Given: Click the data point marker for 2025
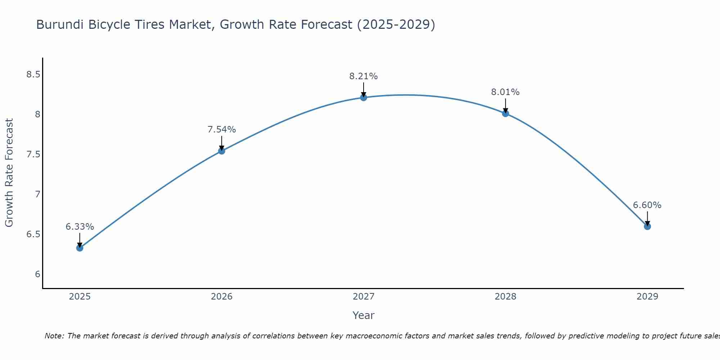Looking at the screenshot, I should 80,248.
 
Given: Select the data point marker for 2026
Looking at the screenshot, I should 221,151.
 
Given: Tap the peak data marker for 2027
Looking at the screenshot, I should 363,97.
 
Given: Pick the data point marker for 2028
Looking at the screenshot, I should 505,113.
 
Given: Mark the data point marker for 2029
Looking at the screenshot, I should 647,226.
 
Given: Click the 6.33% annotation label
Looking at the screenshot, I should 80,227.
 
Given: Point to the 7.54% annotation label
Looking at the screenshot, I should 221,130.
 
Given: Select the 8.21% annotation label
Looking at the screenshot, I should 363,76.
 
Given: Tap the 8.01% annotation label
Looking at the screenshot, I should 505,92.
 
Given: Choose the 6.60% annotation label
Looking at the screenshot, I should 647,205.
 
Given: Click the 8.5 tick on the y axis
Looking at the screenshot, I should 33,75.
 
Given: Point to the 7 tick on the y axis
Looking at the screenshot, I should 37,194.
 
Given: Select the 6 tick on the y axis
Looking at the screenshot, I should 37,274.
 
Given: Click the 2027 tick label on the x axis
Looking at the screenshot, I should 363,297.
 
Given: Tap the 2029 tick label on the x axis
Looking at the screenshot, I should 647,297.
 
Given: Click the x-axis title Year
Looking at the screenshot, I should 363,315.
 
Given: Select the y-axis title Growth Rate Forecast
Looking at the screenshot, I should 9,173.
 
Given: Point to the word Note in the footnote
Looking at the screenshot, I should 54,336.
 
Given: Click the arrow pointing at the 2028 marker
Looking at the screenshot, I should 505,105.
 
